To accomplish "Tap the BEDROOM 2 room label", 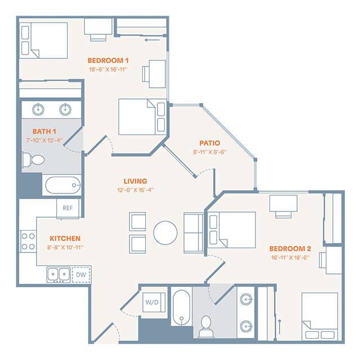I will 290,248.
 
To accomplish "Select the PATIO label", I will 209,143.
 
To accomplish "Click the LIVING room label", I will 136,181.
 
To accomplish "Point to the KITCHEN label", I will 65,238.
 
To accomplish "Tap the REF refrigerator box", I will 67,208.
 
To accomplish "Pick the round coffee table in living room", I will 165,232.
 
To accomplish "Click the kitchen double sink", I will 58,274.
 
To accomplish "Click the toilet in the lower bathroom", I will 206,326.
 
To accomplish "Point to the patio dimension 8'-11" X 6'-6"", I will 209,152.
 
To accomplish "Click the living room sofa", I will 195,232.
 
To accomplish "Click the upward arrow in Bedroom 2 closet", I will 280,326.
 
